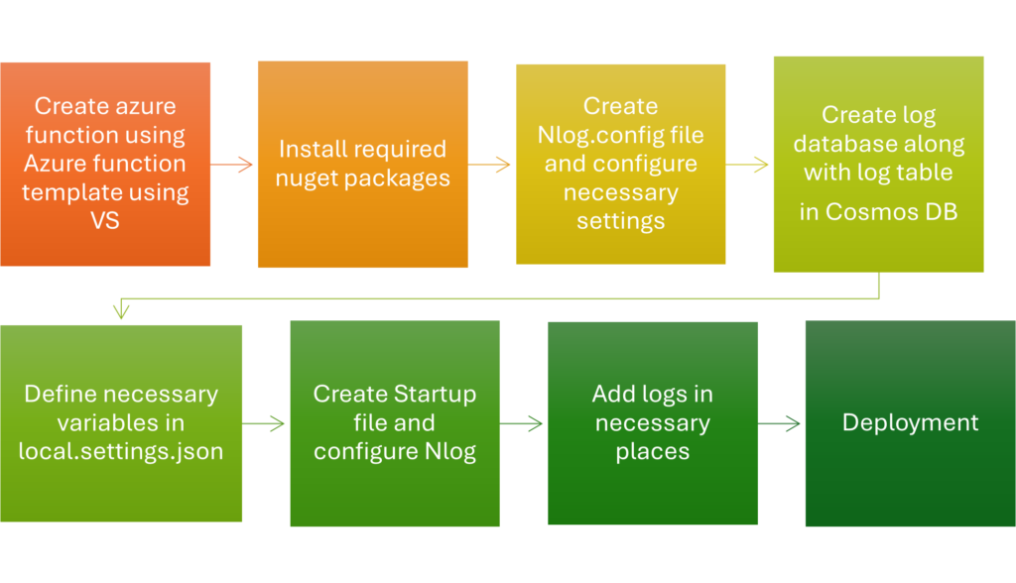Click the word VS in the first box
pyautogui.click(x=105, y=220)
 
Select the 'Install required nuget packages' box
pyautogui.click(x=362, y=165)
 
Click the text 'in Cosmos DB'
pyautogui.click(x=878, y=212)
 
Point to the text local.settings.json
pyautogui.click(x=121, y=451)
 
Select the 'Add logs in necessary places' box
pyautogui.click(x=653, y=422)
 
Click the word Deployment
pyautogui.click(x=910, y=422)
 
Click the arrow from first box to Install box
pyautogui.click(x=233, y=165)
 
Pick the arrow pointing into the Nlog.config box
pyautogui.click(x=491, y=165)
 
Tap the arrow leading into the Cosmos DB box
pyautogui.click(x=748, y=165)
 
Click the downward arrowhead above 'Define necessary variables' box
pyautogui.click(x=121, y=310)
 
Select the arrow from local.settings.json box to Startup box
pyautogui.click(x=265, y=424)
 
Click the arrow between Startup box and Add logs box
pyautogui.click(x=523, y=424)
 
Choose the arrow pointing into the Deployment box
pyautogui.click(x=781, y=424)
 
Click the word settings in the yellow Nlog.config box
pyautogui.click(x=620, y=220)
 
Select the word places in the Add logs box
pyautogui.click(x=653, y=451)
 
